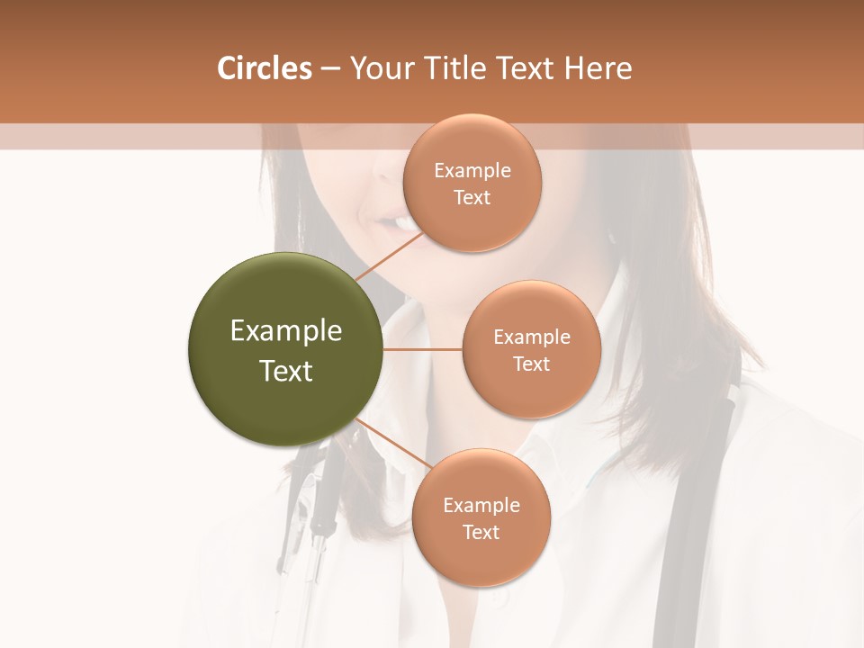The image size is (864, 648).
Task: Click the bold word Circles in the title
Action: [265, 68]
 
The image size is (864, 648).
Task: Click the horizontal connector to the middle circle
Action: [422, 349]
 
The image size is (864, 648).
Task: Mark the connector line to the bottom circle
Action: [392, 445]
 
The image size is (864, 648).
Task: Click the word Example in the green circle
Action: [286, 331]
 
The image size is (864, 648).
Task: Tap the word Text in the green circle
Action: [286, 371]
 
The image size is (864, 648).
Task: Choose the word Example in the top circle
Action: [472, 171]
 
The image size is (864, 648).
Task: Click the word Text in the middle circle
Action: [531, 364]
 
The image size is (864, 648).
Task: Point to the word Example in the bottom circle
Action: [481, 506]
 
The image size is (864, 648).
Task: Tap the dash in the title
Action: [330, 69]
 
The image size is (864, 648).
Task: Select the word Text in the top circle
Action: [472, 198]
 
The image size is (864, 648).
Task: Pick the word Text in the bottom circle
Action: [481, 533]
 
